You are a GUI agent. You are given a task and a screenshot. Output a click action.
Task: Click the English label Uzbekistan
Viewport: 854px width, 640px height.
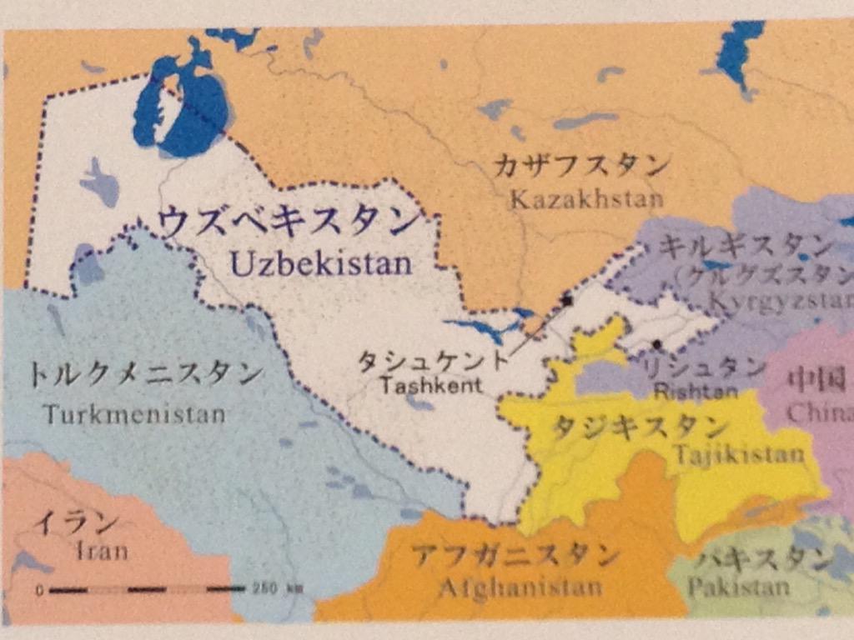[321, 264]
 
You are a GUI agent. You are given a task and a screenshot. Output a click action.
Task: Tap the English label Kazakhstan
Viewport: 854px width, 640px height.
[586, 199]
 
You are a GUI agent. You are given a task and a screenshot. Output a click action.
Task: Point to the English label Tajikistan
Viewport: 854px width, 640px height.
[739, 454]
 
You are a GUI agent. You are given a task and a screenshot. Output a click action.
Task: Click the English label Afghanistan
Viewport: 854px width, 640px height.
[520, 587]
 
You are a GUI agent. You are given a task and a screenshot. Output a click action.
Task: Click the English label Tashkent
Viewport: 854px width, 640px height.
[430, 386]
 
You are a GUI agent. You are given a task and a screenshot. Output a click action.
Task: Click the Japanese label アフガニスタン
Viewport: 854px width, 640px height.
[516, 554]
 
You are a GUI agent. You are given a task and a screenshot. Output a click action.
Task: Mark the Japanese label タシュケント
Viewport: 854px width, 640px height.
[432, 362]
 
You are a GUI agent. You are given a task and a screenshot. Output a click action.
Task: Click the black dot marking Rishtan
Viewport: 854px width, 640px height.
[657, 343]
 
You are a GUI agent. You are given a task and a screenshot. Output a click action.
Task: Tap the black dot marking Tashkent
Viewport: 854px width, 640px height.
[567, 300]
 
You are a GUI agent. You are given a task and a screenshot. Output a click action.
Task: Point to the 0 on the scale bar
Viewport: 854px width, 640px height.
[39, 590]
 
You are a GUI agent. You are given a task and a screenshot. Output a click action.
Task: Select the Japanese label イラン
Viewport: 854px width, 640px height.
[75, 522]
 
